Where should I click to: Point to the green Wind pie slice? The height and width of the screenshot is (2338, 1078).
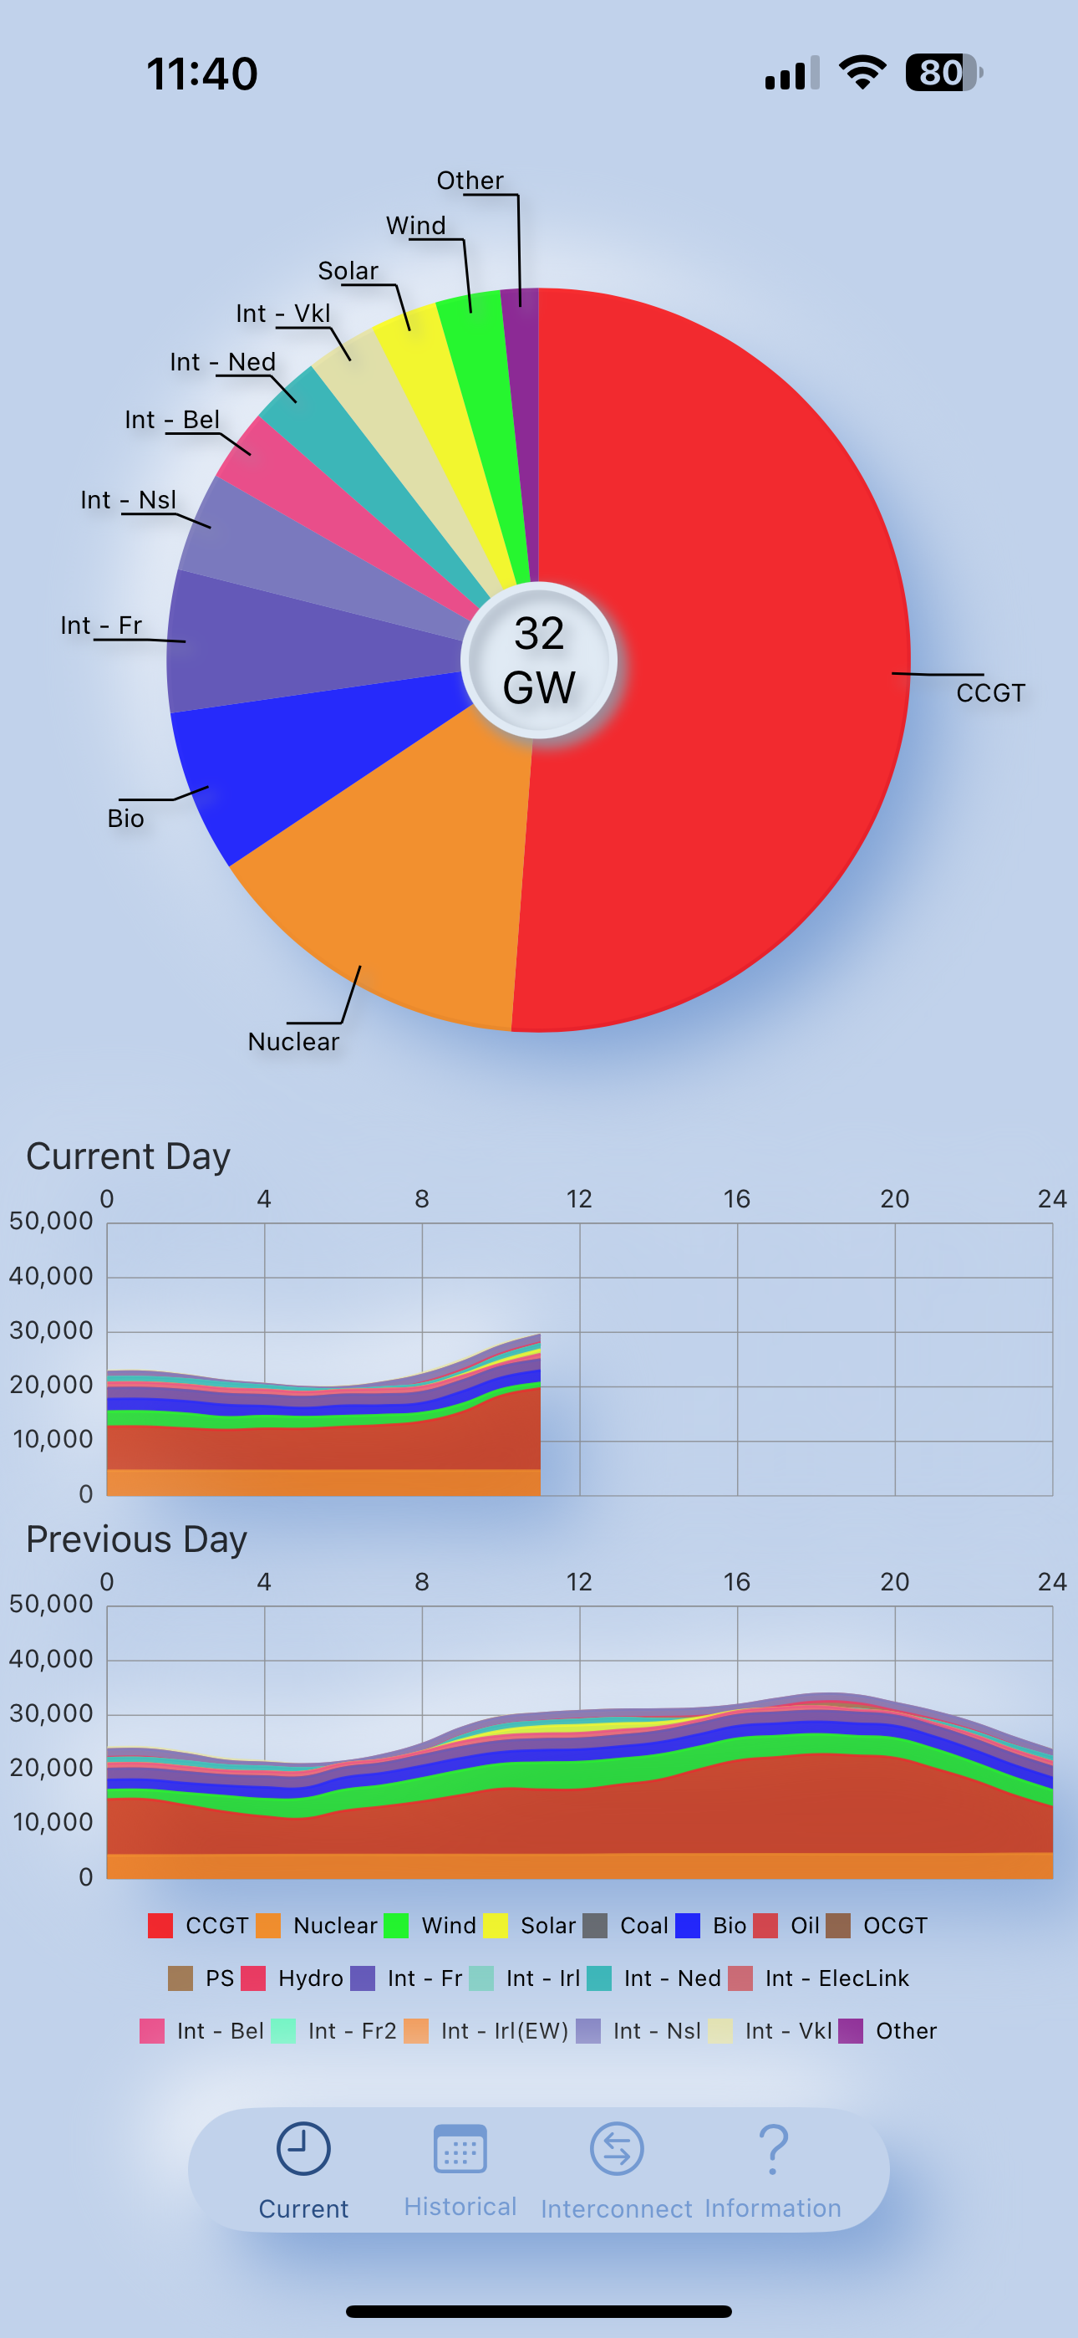click(486, 400)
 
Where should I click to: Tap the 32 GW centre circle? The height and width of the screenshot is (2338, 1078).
click(539, 660)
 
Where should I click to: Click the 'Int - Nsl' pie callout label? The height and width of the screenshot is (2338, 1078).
click(128, 500)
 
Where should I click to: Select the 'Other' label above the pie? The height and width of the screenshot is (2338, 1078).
click(470, 181)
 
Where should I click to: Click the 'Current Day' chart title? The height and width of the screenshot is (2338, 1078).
click(128, 1156)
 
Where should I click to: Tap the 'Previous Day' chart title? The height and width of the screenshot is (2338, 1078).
click(137, 1539)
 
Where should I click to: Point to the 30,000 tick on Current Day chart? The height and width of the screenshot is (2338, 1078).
click(51, 1330)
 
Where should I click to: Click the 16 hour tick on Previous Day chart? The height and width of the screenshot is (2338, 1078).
click(737, 1582)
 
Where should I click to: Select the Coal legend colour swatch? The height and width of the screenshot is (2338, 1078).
click(595, 1926)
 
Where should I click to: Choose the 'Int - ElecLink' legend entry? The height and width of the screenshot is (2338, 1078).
click(818, 1978)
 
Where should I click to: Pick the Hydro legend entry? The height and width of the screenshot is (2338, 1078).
click(292, 1978)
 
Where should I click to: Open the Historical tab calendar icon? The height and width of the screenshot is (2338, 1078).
click(460, 2149)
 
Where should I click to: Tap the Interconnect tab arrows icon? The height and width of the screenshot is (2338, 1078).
click(617, 2149)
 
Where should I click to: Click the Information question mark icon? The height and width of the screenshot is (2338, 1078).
click(773, 2149)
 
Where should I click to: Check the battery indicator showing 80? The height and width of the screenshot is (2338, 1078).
click(943, 73)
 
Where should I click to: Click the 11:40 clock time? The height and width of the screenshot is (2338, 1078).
click(202, 74)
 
